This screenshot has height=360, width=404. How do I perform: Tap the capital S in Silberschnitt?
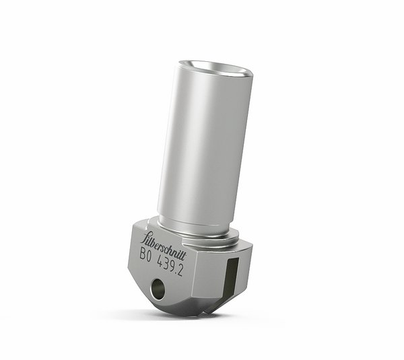pyautogui.click(x=145, y=238)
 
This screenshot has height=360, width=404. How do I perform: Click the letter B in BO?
pyautogui.click(x=143, y=254)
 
